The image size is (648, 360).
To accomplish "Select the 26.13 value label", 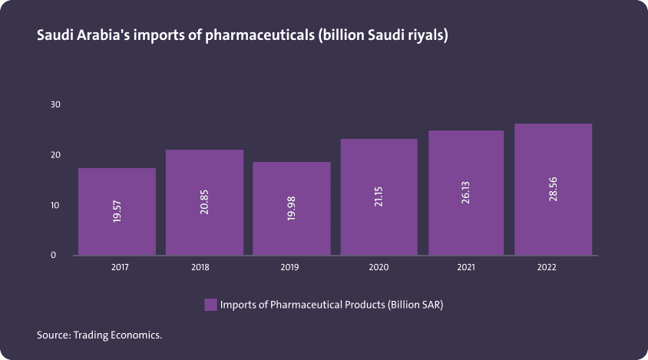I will pyautogui.click(x=466, y=193).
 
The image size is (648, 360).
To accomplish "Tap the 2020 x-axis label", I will pyautogui.click(x=379, y=268).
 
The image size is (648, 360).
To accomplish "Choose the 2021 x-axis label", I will pyautogui.click(x=466, y=268).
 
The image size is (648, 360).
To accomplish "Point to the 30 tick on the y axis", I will pyautogui.click(x=55, y=104).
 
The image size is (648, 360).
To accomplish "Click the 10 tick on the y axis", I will pyautogui.click(x=55, y=206).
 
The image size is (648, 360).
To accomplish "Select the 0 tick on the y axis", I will pyautogui.click(x=54, y=255).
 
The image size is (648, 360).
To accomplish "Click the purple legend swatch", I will pyautogui.click(x=210, y=305).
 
